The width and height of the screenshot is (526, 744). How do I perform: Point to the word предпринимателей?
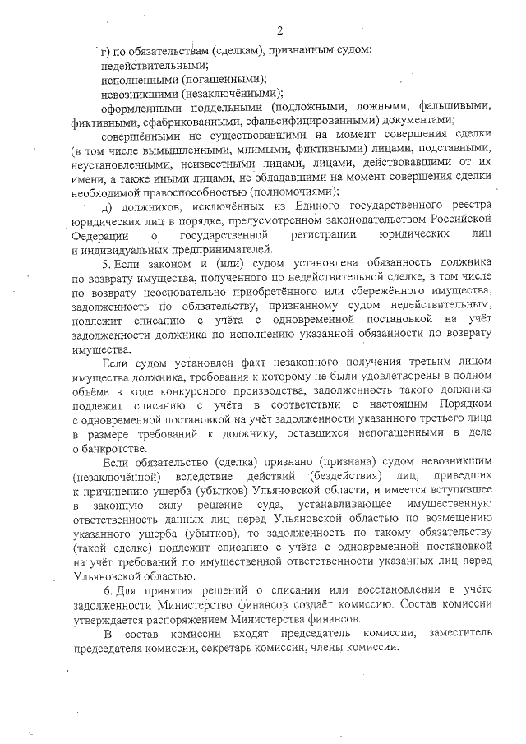[220, 250]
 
